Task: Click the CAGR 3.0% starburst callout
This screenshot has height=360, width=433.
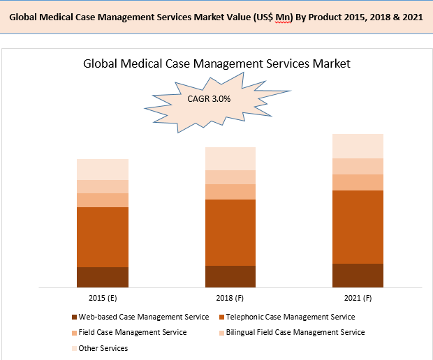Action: click(x=209, y=99)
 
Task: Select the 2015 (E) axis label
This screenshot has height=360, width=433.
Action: click(x=102, y=298)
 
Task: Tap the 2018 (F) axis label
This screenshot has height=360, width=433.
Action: click(x=230, y=298)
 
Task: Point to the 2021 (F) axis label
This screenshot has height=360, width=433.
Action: click(x=358, y=298)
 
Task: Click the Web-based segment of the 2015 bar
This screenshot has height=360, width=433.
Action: click(x=103, y=277)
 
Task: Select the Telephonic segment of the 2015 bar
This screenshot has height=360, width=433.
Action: click(x=103, y=237)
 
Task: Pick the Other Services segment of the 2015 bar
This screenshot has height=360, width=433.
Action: click(x=103, y=170)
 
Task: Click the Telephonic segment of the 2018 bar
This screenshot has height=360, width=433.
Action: click(x=230, y=232)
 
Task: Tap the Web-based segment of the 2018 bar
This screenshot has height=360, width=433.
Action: click(x=230, y=276)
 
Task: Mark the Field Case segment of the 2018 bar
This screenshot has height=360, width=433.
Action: click(x=230, y=192)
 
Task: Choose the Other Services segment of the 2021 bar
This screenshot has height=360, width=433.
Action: click(x=358, y=146)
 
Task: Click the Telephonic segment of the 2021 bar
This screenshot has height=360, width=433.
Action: click(x=358, y=227)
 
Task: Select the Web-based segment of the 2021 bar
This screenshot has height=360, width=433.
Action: click(x=358, y=275)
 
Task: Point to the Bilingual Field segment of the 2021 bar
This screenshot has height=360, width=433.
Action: click(x=358, y=166)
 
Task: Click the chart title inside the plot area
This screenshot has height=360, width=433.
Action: click(x=216, y=63)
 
